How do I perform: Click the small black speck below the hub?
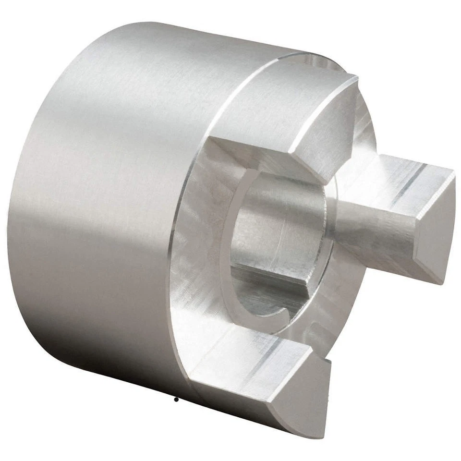(176, 399)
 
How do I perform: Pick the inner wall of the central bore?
(279, 226)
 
